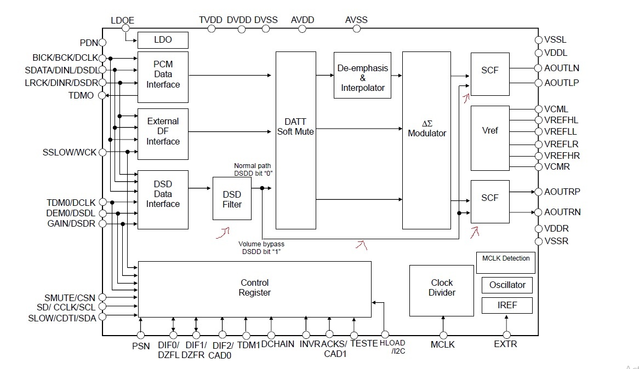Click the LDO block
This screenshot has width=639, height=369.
point(163,40)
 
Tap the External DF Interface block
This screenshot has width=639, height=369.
point(163,131)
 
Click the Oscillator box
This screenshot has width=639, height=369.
point(507,285)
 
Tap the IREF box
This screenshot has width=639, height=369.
point(507,305)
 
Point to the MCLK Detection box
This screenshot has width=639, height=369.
point(505,262)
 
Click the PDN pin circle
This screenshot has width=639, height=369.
point(102,42)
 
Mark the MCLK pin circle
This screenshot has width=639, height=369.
point(443,335)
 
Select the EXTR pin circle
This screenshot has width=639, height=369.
point(506,335)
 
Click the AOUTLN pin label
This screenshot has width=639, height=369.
point(562,68)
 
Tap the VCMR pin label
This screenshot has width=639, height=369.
point(558,167)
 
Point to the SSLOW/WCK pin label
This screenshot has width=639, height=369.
point(70,152)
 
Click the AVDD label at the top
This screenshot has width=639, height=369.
point(303,20)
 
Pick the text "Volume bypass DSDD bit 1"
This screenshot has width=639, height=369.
point(261,247)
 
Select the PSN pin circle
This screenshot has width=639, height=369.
point(141,335)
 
